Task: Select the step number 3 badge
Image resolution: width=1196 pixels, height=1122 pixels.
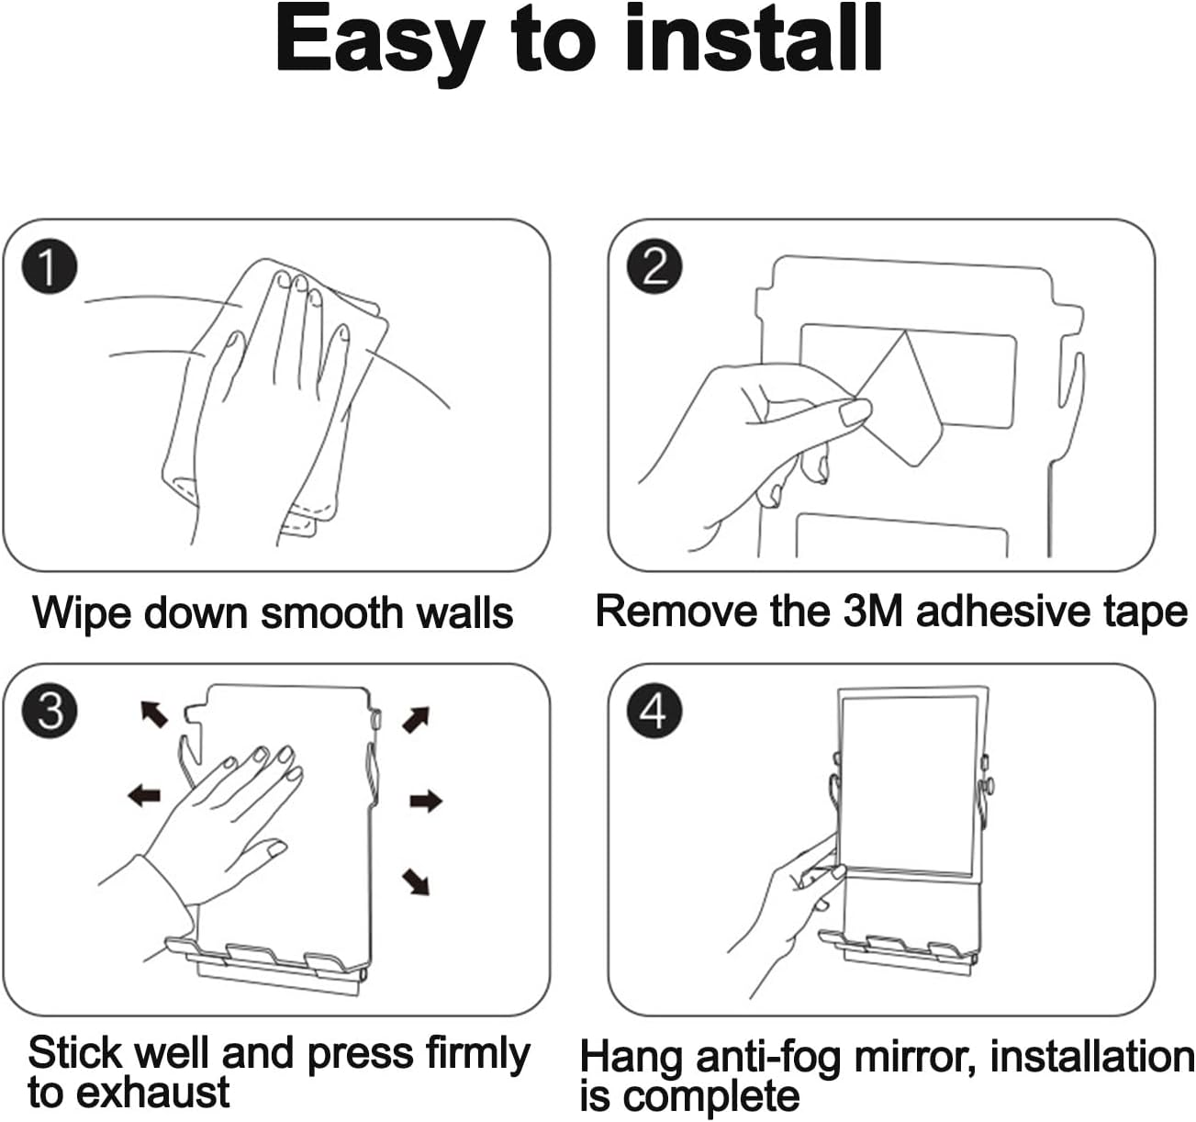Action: click(x=50, y=711)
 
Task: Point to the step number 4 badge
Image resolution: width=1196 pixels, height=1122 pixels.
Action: click(x=654, y=711)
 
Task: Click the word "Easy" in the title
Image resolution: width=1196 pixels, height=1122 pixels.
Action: click(x=380, y=43)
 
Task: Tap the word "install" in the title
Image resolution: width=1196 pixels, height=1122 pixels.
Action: click(x=754, y=38)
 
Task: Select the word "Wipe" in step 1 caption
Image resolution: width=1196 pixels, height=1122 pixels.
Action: click(x=84, y=613)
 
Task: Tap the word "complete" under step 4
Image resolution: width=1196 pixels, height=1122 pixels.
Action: click(x=711, y=1096)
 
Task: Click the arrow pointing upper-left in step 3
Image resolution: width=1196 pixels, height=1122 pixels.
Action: click(x=154, y=713)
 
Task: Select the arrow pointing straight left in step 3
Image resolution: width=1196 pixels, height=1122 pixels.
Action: click(x=144, y=795)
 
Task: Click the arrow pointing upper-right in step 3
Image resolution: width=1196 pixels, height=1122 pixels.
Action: click(x=416, y=720)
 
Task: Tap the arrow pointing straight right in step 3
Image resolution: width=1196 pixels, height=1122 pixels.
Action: click(x=426, y=801)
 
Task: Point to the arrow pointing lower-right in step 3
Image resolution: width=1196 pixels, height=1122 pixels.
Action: click(x=416, y=881)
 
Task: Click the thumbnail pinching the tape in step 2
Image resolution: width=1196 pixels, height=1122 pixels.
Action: click(x=855, y=413)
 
